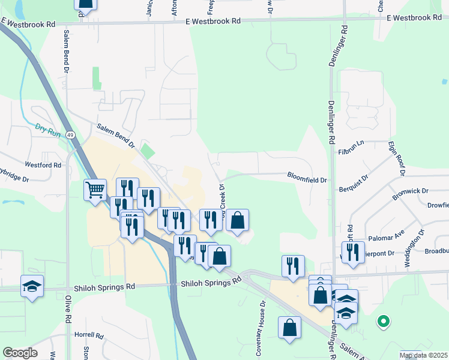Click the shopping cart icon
(x=95, y=191)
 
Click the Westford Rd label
(x=43, y=164)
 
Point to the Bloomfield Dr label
(x=307, y=179)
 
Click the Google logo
(x=20, y=353)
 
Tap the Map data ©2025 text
(x=423, y=355)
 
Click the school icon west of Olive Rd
(x=32, y=286)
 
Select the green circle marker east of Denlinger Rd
(x=382, y=322)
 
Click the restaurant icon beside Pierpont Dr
(x=353, y=252)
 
